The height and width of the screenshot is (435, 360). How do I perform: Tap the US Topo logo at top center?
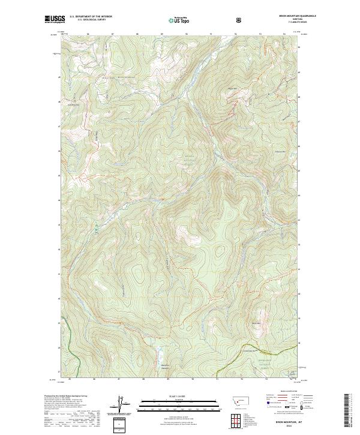pyautogui.click(x=180, y=20)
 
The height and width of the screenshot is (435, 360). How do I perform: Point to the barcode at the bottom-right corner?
pyautogui.click(x=347, y=411)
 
